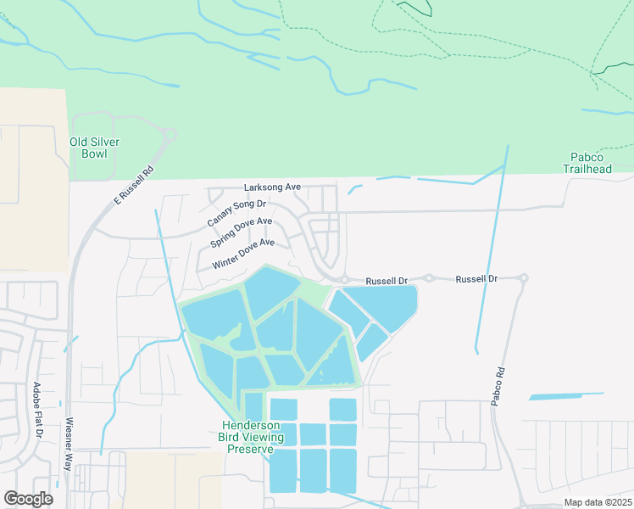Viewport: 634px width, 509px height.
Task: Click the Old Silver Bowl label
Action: point(94,148)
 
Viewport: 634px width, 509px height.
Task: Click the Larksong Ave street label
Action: point(273,187)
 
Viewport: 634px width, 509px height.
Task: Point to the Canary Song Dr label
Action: point(236,213)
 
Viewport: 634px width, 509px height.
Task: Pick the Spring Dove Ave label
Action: point(242,233)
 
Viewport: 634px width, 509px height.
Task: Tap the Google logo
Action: point(28,499)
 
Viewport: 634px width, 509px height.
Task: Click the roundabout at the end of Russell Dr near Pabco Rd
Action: point(525,278)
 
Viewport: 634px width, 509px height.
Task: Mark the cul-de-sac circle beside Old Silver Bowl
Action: point(170,134)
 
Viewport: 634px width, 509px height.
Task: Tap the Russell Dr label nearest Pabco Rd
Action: point(476,278)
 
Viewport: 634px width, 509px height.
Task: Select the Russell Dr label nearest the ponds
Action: point(387,280)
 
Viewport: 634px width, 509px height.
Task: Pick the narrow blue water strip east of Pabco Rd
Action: point(566,395)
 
